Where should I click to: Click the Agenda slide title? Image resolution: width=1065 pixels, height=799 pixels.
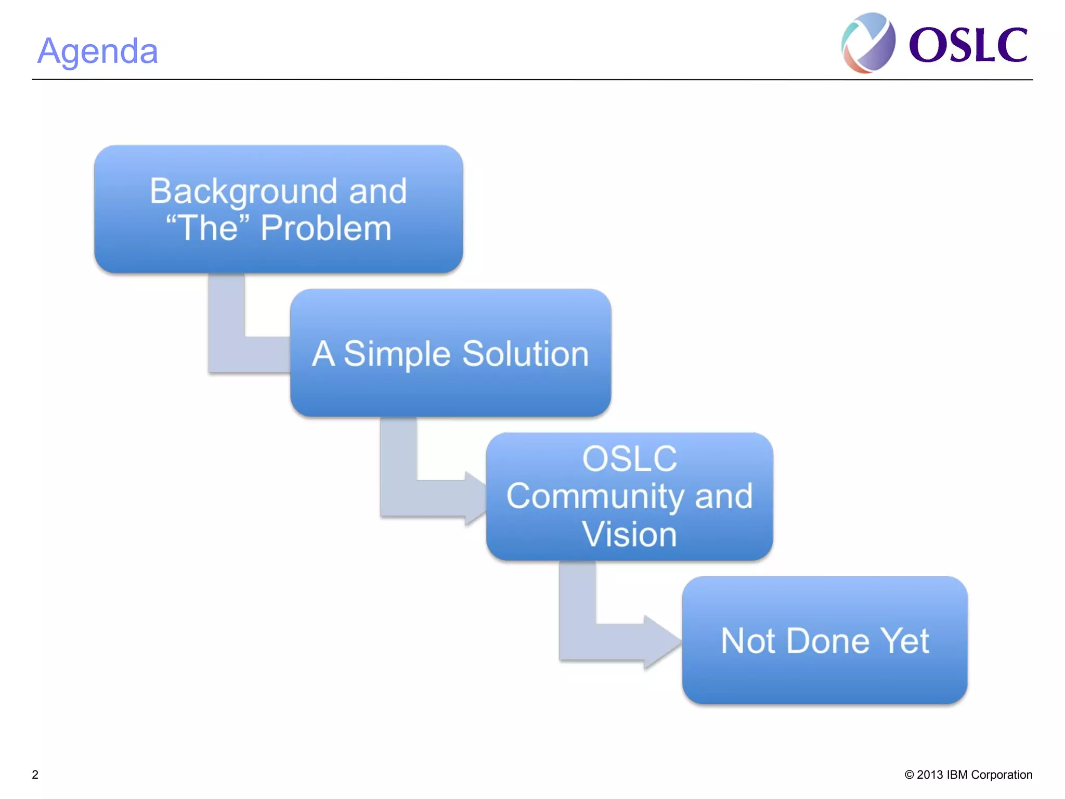[x=98, y=51]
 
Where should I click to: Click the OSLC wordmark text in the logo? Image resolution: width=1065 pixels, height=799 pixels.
[x=968, y=46]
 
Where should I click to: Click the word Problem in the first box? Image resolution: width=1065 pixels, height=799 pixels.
[x=326, y=228]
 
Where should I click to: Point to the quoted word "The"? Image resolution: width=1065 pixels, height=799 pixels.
[x=208, y=228]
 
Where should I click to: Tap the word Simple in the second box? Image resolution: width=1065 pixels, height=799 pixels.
[x=397, y=354]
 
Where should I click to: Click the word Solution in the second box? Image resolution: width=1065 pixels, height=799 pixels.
[x=525, y=354]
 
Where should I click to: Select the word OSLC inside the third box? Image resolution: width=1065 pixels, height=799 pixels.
[x=629, y=459]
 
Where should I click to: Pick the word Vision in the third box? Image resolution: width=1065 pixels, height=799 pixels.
[x=629, y=534]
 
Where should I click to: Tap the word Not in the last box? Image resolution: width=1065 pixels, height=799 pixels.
[x=748, y=641]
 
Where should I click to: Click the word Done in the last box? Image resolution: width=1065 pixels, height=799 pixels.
[x=827, y=641]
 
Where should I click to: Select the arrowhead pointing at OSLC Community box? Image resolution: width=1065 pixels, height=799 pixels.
[x=475, y=498]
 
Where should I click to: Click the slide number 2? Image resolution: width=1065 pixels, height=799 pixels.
[x=35, y=775]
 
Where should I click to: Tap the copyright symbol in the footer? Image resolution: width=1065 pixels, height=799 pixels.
[x=909, y=775]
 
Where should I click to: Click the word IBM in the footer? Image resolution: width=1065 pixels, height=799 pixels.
[x=957, y=775]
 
